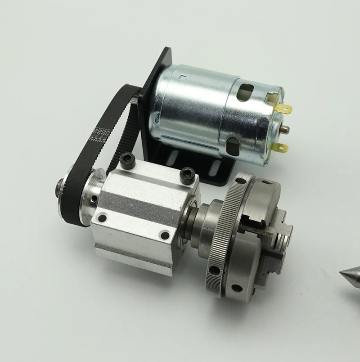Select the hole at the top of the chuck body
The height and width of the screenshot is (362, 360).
point(267,182)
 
